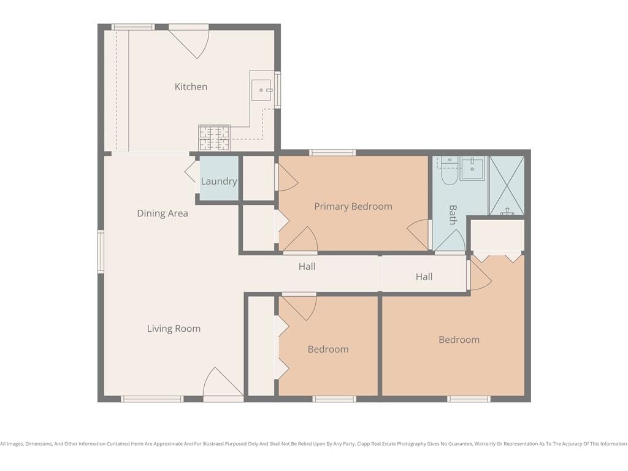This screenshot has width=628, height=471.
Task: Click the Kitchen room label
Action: (191, 87)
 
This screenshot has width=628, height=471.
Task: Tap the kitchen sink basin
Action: (261, 90)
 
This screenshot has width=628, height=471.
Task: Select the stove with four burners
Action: (214, 138)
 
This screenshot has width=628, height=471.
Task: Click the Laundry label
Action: (219, 182)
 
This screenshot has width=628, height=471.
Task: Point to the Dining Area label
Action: (162, 213)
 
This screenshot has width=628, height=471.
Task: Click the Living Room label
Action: (174, 329)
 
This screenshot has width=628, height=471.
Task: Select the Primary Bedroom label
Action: (353, 207)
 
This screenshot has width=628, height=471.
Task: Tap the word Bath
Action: (453, 215)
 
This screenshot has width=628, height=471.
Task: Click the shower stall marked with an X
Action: (507, 185)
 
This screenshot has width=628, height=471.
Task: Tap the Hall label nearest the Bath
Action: (424, 277)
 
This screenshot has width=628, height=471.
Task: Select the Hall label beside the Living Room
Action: (307, 267)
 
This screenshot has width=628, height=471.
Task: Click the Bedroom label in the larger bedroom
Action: (459, 340)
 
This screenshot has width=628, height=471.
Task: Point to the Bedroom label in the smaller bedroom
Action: (328, 349)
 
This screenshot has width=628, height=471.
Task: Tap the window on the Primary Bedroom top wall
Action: (332, 153)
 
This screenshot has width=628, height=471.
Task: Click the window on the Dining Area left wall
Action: (101, 252)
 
